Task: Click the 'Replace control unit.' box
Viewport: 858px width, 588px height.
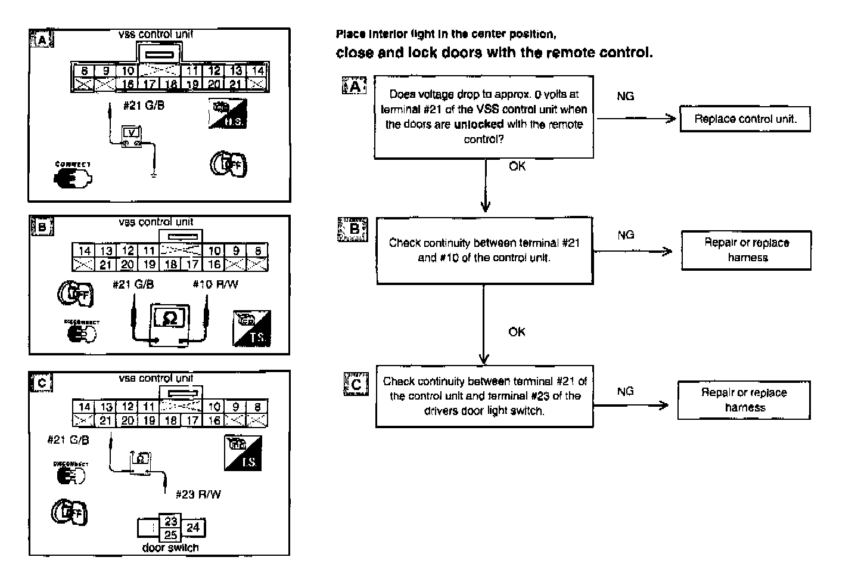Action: [745, 119]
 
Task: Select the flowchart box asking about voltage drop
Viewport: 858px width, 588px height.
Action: [483, 117]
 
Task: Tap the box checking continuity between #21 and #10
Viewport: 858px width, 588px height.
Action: [484, 250]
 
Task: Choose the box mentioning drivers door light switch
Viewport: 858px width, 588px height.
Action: [484, 396]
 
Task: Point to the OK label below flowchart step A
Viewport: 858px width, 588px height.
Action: [517, 166]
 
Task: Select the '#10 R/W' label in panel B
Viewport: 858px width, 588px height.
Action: [215, 284]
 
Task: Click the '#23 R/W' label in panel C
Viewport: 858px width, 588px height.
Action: [198, 494]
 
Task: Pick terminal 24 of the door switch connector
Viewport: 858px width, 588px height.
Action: [193, 527]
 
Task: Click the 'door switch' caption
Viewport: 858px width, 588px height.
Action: [170, 547]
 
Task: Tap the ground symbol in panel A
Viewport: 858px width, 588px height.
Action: [154, 175]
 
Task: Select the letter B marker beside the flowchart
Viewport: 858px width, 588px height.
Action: [353, 229]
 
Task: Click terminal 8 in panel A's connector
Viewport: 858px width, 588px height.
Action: [84, 71]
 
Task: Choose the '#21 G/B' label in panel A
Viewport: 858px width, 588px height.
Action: [144, 106]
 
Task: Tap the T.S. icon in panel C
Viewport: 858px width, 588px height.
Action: [243, 453]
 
